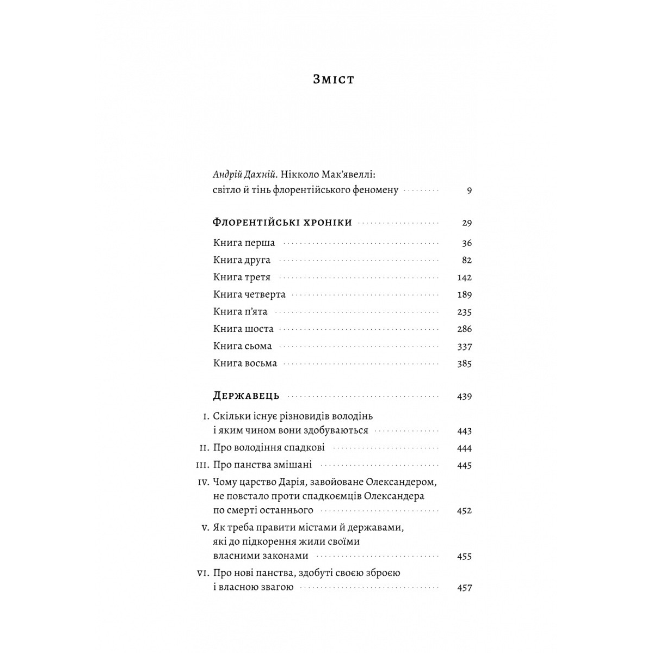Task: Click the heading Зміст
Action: [x=334, y=79]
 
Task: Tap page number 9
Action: [x=469, y=190]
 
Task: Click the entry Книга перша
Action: [x=244, y=243]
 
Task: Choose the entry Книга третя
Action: [x=242, y=278]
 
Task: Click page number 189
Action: [x=464, y=295]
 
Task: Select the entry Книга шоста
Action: [x=243, y=329]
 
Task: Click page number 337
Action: [x=464, y=347]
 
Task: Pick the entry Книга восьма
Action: [x=245, y=364]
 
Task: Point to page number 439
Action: [x=464, y=397]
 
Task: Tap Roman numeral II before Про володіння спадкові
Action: [x=205, y=448]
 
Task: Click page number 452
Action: [x=464, y=511]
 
